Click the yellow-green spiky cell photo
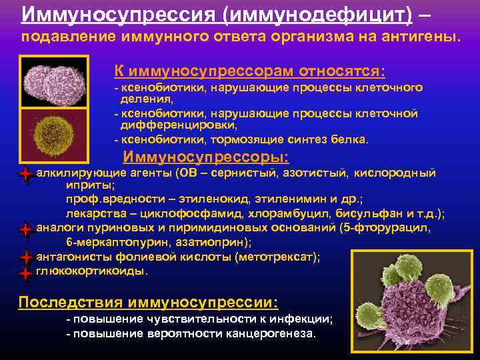(54, 131)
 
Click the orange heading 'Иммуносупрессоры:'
(207, 157)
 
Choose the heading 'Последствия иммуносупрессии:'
(149, 301)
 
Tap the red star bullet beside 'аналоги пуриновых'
(25, 230)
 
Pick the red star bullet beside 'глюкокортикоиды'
(25, 272)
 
